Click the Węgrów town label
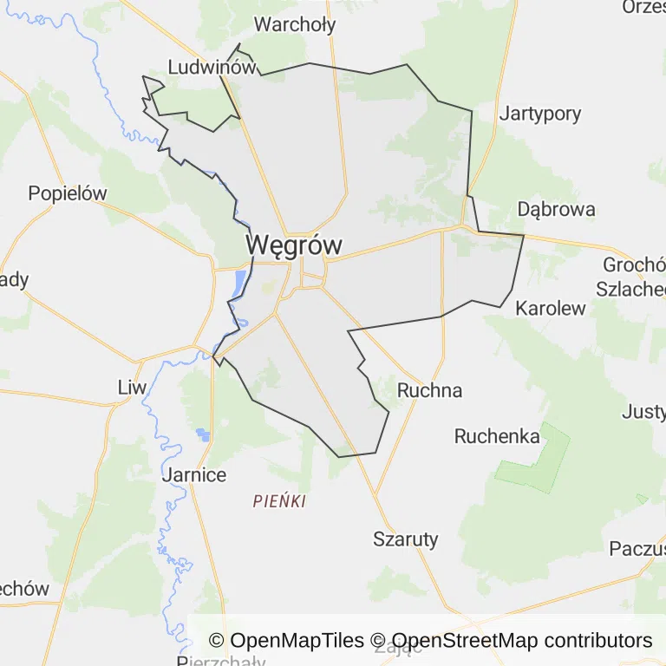click(293, 245)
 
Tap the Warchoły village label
click(295, 24)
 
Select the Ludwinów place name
click(211, 67)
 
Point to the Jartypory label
click(540, 113)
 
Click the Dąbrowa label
click(556, 209)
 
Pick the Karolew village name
click(551, 308)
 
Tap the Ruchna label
click(429, 390)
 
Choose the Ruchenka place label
click(497, 436)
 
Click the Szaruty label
click(406, 539)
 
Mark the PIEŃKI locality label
click(280, 501)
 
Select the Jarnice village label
click(194, 474)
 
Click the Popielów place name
click(67, 193)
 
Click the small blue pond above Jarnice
click(204, 434)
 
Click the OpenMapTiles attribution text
click(286, 641)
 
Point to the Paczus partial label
click(637, 548)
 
